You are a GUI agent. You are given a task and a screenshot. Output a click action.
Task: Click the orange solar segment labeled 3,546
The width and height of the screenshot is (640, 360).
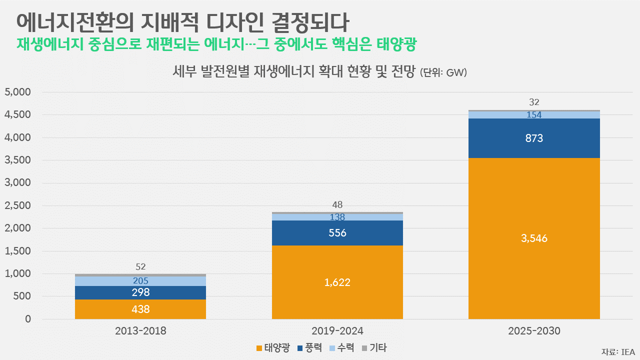534,238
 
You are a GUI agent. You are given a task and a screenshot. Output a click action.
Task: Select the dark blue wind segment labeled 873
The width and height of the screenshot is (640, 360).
534,138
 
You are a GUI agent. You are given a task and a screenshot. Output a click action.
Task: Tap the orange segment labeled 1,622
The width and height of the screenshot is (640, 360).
337,282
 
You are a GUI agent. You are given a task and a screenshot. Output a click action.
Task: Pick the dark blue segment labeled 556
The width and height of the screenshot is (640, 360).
337,233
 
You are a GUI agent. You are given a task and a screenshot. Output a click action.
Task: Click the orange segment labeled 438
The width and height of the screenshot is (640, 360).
140,309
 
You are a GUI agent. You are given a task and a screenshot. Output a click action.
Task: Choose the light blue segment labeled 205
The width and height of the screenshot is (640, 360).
140,281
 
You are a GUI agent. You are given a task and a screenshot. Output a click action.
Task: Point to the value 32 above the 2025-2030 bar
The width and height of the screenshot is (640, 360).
534,102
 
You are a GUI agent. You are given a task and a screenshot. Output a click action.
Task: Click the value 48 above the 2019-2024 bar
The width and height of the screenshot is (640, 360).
337,204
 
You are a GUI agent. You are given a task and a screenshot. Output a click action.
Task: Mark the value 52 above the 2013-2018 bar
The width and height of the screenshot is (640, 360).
140,266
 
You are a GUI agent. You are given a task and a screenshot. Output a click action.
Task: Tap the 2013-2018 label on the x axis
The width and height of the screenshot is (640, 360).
140,330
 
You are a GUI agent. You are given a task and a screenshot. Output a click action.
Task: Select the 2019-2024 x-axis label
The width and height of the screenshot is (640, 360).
337,330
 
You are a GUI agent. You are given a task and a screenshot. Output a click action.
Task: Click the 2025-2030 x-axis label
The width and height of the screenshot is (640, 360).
534,330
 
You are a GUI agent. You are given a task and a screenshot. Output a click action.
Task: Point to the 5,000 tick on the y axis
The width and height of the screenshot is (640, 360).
17,92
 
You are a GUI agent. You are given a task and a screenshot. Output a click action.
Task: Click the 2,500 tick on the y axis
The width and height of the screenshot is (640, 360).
17,205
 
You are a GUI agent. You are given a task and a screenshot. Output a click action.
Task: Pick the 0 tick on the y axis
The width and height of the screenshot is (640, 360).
28,319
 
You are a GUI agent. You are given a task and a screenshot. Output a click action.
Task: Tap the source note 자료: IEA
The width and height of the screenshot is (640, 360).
618,351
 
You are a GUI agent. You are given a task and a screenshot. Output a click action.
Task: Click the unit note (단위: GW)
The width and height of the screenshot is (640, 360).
443,73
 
